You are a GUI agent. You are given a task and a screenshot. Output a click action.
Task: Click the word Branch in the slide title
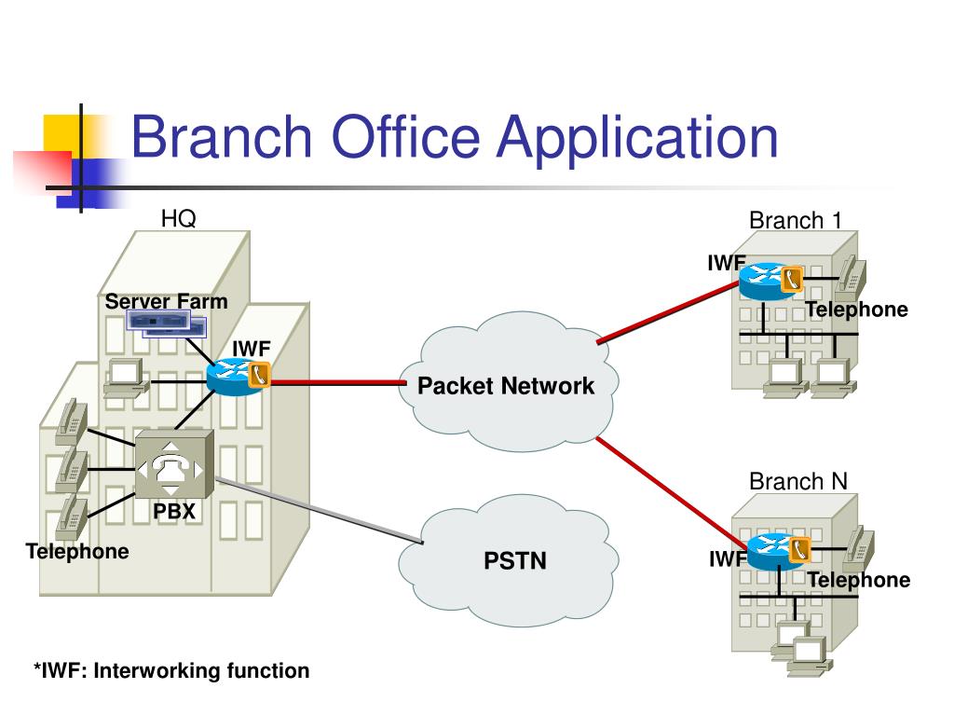click(x=222, y=136)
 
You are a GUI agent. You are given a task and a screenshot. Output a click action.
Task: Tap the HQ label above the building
click(x=178, y=218)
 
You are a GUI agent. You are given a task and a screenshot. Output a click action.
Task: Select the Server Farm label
click(x=166, y=301)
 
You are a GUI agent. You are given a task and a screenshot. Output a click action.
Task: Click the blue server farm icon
click(x=167, y=324)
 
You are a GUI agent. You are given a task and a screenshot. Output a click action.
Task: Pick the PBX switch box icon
click(x=174, y=464)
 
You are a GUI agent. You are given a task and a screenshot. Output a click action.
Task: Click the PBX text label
click(x=174, y=511)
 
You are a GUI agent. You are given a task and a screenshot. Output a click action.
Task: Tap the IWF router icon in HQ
click(x=238, y=378)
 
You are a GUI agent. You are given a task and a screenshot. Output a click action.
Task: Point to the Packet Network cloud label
click(x=506, y=385)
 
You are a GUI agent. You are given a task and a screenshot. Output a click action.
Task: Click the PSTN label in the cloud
click(x=514, y=560)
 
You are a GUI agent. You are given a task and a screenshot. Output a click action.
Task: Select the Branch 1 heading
click(x=796, y=220)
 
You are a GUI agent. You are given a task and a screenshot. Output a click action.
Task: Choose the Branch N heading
click(x=798, y=481)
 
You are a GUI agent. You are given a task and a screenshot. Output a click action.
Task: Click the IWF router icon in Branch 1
click(x=770, y=281)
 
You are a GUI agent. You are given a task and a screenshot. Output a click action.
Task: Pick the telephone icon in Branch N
click(x=859, y=548)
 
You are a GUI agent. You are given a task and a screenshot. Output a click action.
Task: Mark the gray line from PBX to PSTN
click(x=319, y=510)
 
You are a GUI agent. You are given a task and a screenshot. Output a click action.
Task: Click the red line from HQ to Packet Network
click(x=338, y=383)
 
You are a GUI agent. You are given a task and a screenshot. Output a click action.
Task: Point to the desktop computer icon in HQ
click(x=127, y=378)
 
